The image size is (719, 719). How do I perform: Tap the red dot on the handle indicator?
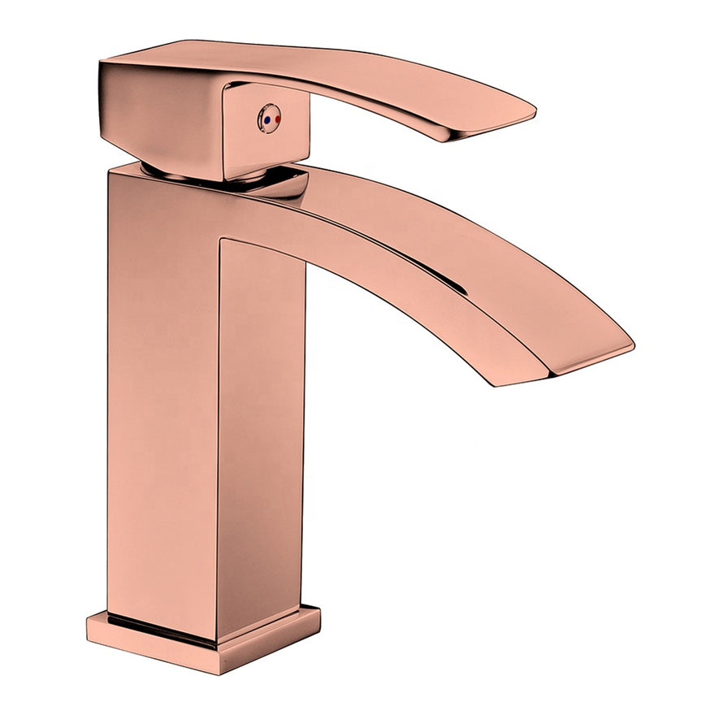click(x=276, y=119)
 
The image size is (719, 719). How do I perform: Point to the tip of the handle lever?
click(x=530, y=113)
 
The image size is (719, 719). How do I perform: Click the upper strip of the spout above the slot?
click(x=455, y=236)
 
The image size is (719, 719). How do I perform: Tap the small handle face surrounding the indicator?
click(x=268, y=134)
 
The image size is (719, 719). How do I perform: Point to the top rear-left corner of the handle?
click(x=102, y=63)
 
